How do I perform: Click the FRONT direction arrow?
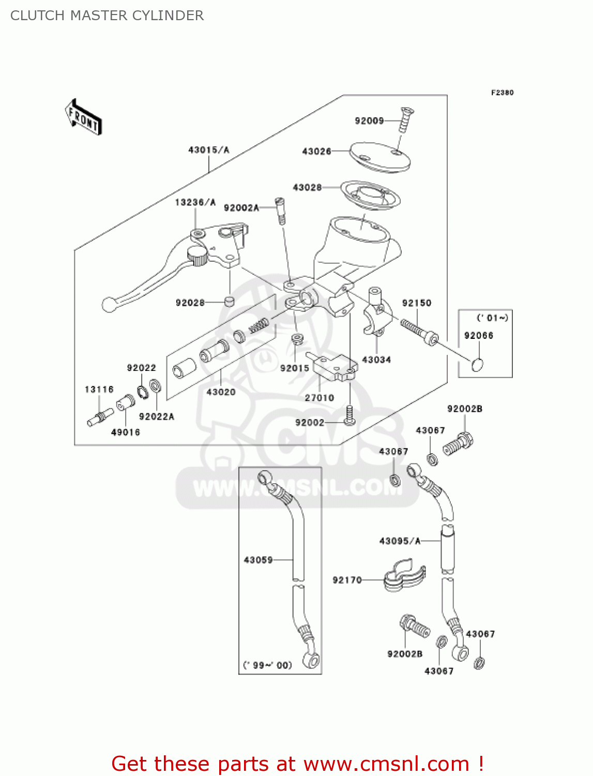coord(83,117)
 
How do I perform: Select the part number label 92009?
coord(369,121)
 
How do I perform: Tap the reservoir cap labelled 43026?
coord(380,157)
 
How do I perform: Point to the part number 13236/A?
coord(195,202)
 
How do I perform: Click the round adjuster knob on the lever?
coord(197,255)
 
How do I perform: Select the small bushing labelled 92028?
coord(229,301)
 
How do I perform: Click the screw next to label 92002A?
coord(280,211)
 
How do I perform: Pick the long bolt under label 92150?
coord(419,332)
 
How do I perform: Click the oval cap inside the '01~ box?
coord(478,365)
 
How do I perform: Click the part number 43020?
coord(221,392)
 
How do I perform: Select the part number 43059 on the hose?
coord(258,560)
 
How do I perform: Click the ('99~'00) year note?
coord(268,665)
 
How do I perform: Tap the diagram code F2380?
coord(502,93)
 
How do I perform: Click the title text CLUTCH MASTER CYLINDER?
coord(107,16)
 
